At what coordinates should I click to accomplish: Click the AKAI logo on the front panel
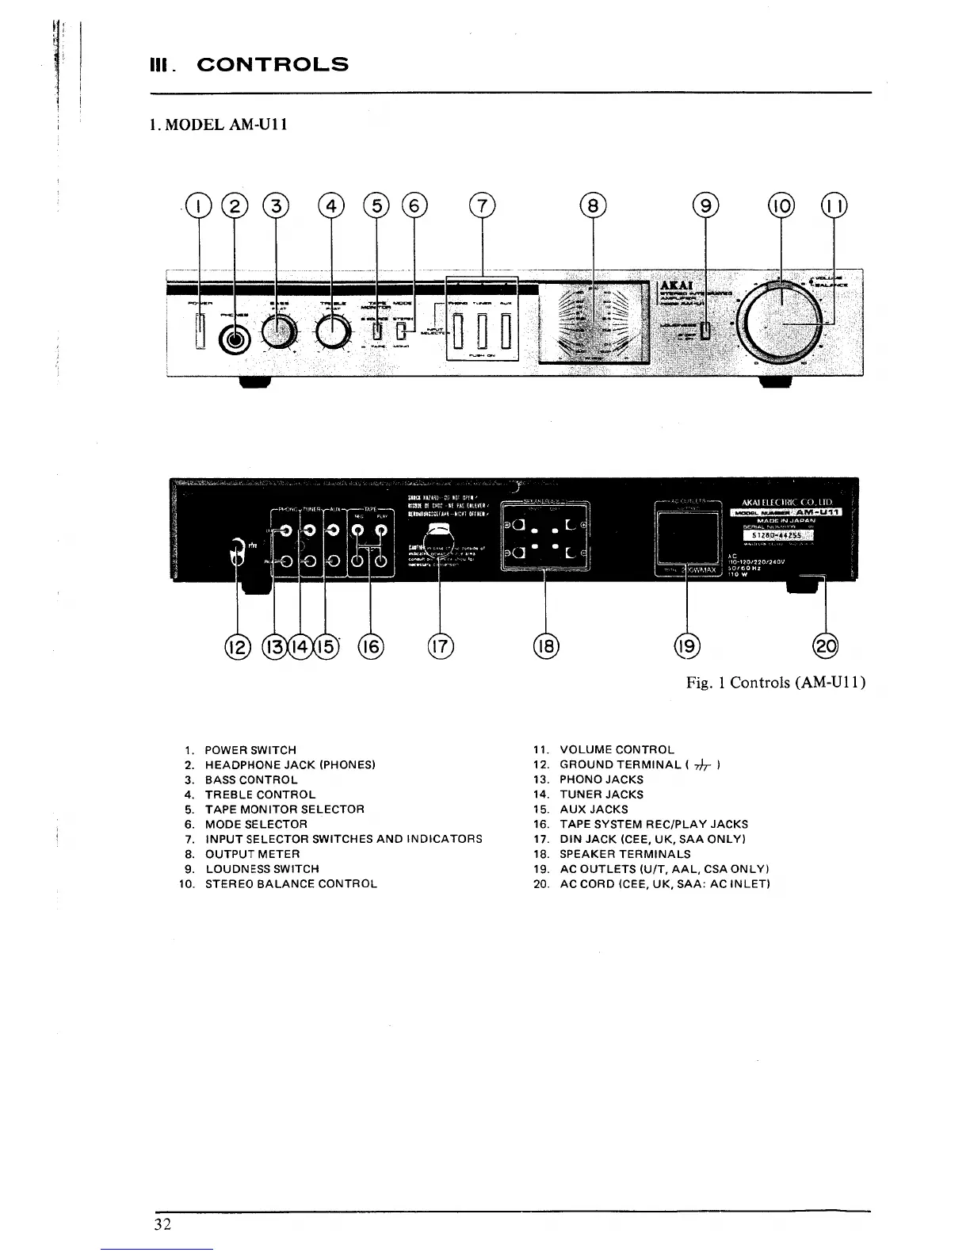670,287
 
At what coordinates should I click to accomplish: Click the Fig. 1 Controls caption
775,683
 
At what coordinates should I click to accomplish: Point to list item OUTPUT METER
252,854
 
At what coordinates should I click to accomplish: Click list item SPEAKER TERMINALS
624,854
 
